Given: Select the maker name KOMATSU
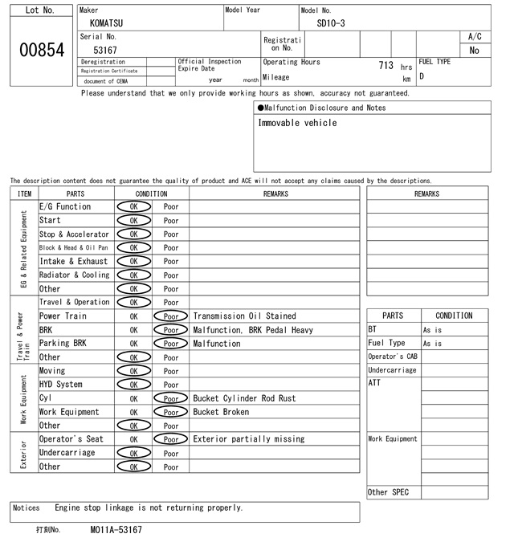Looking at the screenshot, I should [x=107, y=23].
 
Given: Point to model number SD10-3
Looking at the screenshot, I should [x=331, y=23].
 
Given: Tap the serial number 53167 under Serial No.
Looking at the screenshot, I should [x=105, y=50].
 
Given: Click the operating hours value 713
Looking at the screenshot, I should [x=385, y=63].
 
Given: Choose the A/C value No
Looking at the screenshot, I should [x=475, y=51].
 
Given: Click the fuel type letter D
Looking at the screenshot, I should [x=422, y=77].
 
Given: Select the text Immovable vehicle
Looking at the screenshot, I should [x=297, y=123].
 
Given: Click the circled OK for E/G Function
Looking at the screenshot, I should [x=133, y=206].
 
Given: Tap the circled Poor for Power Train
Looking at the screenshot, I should [x=171, y=316].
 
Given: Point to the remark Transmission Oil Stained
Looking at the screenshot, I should [x=244, y=316].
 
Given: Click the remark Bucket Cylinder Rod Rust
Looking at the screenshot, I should [x=244, y=398].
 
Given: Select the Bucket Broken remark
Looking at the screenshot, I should [x=221, y=412].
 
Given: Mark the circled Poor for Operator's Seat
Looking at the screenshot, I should [x=171, y=439].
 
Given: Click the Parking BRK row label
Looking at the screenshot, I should [x=64, y=344].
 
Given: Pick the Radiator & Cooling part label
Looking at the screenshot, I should [x=74, y=275].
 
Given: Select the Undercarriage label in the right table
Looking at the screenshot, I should [x=392, y=370].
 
